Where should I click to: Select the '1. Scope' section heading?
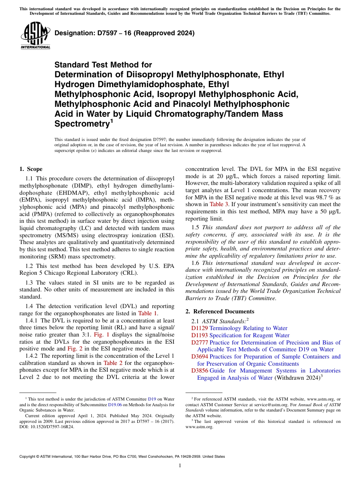[x=31, y=169]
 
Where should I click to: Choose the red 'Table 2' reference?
[x=113, y=363]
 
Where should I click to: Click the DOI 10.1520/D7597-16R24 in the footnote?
[x=47, y=426]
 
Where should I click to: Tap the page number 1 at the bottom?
[x=180, y=466]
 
